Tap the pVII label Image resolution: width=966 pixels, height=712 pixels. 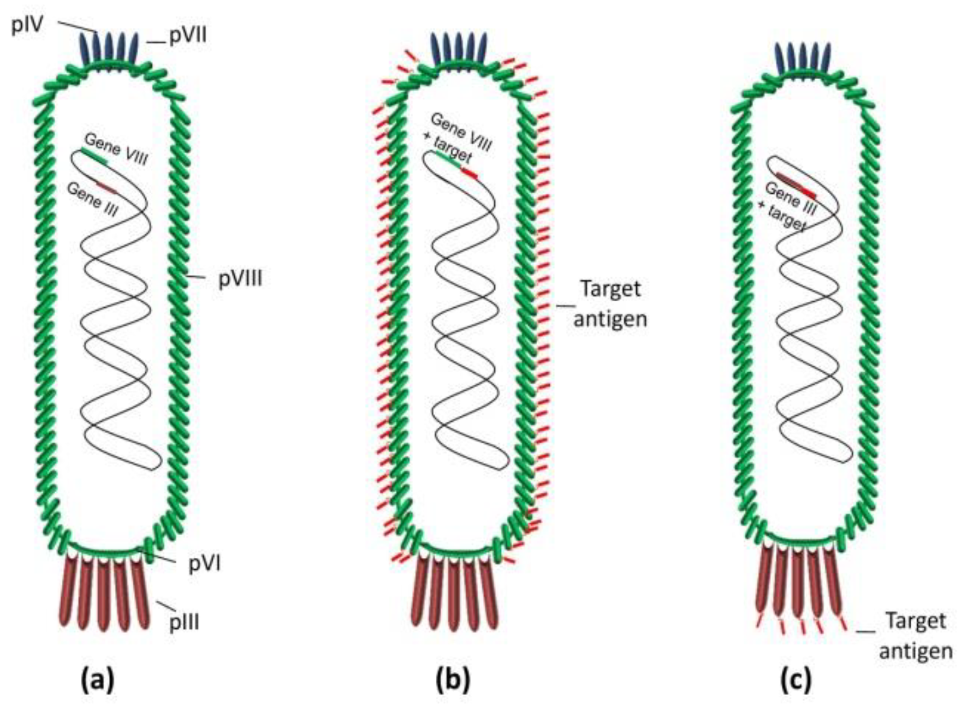pos(188,37)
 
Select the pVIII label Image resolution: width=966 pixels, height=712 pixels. pos(240,279)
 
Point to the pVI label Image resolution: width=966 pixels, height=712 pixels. pos(204,564)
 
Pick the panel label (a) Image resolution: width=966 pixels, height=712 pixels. pos(98,679)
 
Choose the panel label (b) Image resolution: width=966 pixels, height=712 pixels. pos(453,679)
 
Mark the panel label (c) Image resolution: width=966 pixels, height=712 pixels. pos(796,679)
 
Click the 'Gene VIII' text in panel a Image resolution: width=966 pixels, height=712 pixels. pos(115,149)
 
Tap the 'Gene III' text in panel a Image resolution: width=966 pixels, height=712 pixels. pos(92,199)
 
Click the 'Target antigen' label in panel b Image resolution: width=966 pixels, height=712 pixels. pos(610,303)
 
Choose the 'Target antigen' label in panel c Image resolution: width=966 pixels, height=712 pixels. pos(916,635)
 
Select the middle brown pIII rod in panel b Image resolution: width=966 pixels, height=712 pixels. pos(455,594)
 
